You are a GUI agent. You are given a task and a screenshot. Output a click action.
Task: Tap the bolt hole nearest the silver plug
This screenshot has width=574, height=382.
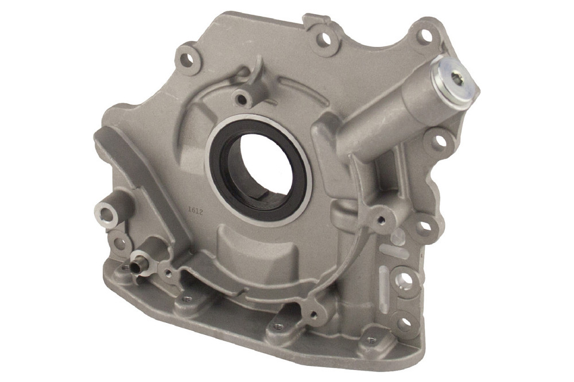tap(426, 36)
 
